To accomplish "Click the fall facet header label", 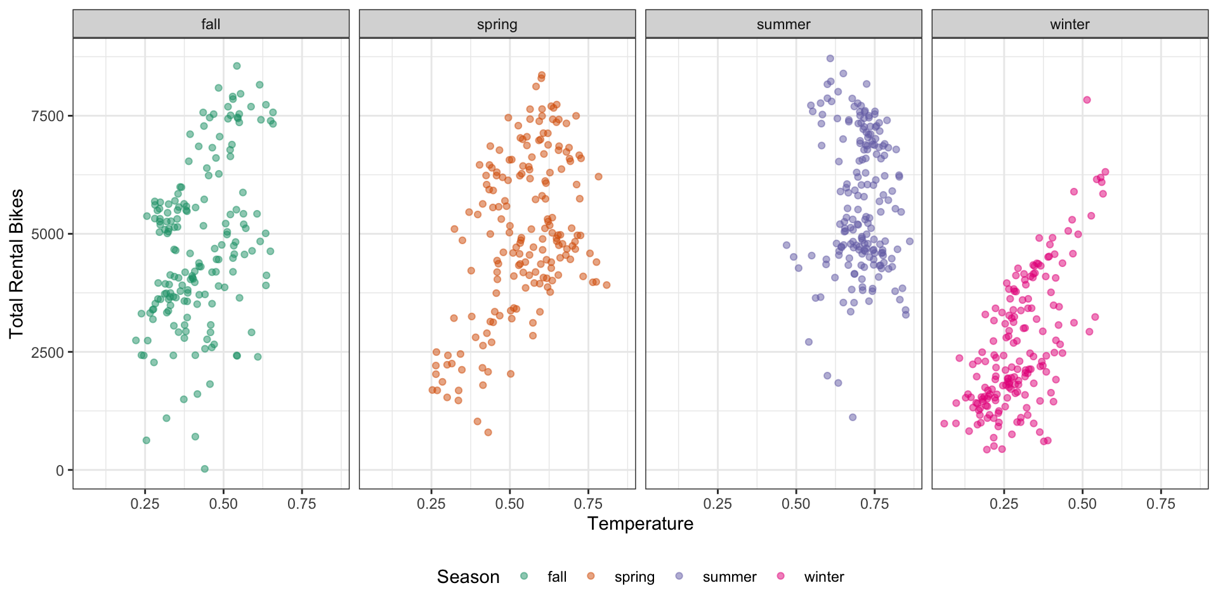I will click(x=211, y=24).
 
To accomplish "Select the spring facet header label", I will click(x=497, y=24).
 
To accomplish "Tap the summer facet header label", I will click(x=783, y=24).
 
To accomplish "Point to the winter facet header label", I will click(x=1070, y=24).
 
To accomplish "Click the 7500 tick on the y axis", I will click(x=48, y=116).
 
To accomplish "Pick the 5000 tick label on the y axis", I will click(x=48, y=234).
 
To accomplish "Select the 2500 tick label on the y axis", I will click(x=48, y=352).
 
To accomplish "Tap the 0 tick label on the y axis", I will click(x=60, y=470).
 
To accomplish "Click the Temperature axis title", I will click(x=640, y=523).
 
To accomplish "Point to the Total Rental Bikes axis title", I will click(x=16, y=263).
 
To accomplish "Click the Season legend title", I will click(x=468, y=577).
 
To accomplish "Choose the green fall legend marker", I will click(x=524, y=576).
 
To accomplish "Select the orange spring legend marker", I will click(x=591, y=576).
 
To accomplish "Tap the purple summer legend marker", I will click(x=679, y=576).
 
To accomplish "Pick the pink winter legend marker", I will click(x=781, y=576).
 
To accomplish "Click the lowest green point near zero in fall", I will click(x=204, y=469).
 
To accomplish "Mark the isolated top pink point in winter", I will click(x=1087, y=100).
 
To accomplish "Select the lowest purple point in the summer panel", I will click(x=853, y=417).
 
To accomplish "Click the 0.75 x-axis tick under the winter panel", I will click(x=1161, y=504).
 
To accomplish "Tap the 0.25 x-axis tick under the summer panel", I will click(x=717, y=504).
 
